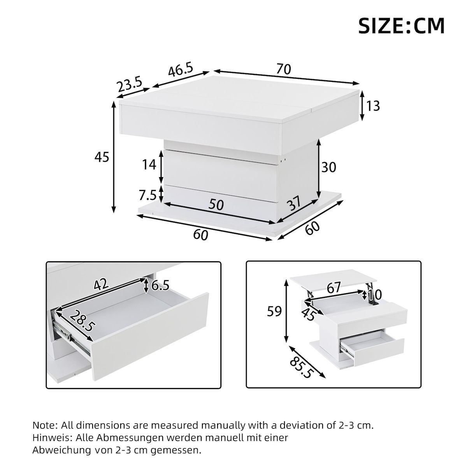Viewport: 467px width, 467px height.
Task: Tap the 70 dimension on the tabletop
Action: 284,69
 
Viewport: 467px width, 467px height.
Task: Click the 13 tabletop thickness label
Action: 373,106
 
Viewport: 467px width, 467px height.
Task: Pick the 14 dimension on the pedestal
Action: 149,165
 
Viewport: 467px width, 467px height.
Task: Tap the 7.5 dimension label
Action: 147,194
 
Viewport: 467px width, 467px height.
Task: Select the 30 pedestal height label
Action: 328,167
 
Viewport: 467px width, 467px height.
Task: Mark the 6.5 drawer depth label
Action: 160,286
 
